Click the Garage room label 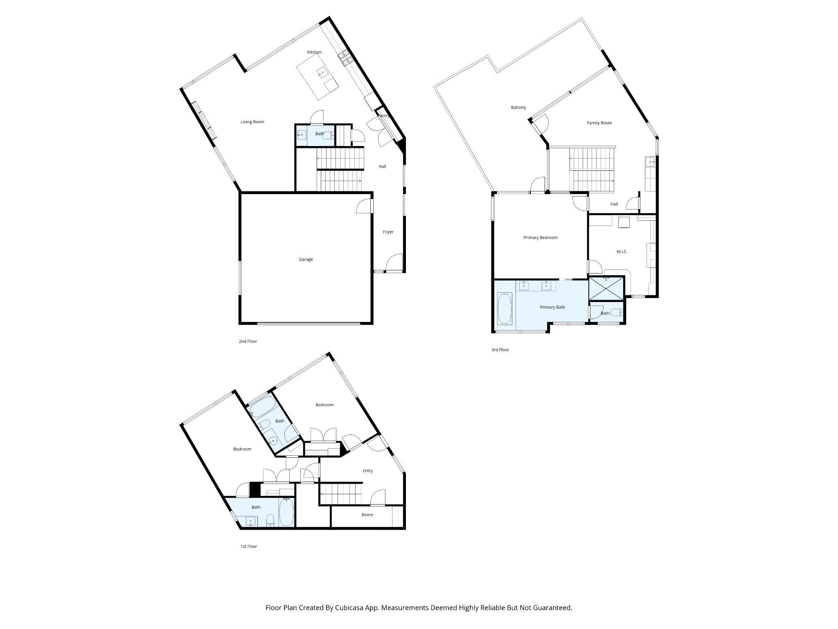pyautogui.click(x=306, y=259)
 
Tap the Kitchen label pyautogui.click(x=314, y=52)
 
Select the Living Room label pyautogui.click(x=252, y=122)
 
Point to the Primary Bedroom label pyautogui.click(x=540, y=238)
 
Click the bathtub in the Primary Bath pyautogui.click(x=504, y=308)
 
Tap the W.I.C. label pyautogui.click(x=622, y=251)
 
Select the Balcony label pyautogui.click(x=518, y=107)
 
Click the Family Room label pyautogui.click(x=599, y=123)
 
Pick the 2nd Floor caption pyautogui.click(x=248, y=341)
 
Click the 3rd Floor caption pyautogui.click(x=500, y=350)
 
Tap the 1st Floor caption pyautogui.click(x=249, y=546)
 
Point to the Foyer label pyautogui.click(x=388, y=232)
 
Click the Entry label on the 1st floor pyautogui.click(x=368, y=471)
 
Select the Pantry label pyautogui.click(x=383, y=116)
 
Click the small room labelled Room pyautogui.click(x=367, y=515)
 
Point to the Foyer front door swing pyautogui.click(x=394, y=262)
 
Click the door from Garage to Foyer pyautogui.click(x=364, y=206)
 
